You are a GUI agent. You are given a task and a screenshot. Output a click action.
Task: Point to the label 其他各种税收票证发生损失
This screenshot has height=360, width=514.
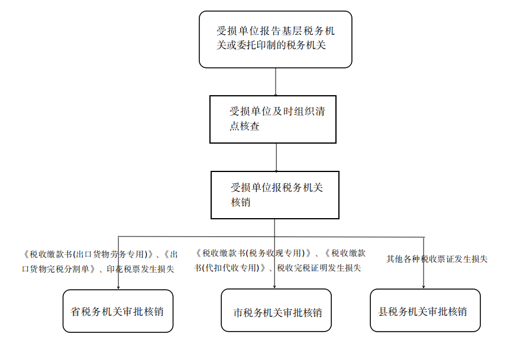pyautogui.click(x=437, y=259)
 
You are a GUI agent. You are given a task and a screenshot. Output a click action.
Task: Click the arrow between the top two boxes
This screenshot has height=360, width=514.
pyautogui.click(x=276, y=82)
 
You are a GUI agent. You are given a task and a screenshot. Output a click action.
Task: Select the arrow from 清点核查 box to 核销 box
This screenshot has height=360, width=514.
pyautogui.click(x=276, y=157)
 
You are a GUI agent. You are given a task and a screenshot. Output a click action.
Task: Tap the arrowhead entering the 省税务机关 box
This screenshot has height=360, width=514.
pyautogui.click(x=118, y=287)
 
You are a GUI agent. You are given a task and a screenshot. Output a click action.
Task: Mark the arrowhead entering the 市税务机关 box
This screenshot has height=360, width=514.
pyautogui.click(x=274, y=287)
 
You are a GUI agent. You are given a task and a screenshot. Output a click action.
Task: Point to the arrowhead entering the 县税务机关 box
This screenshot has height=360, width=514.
pyautogui.click(x=424, y=287)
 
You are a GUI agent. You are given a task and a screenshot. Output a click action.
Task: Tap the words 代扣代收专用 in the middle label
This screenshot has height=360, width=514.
pyautogui.click(x=232, y=268)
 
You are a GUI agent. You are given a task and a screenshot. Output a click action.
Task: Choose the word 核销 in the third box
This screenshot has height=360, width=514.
pyautogui.click(x=241, y=202)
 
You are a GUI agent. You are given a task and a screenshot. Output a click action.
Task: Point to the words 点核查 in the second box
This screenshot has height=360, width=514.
pyautogui.click(x=244, y=126)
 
